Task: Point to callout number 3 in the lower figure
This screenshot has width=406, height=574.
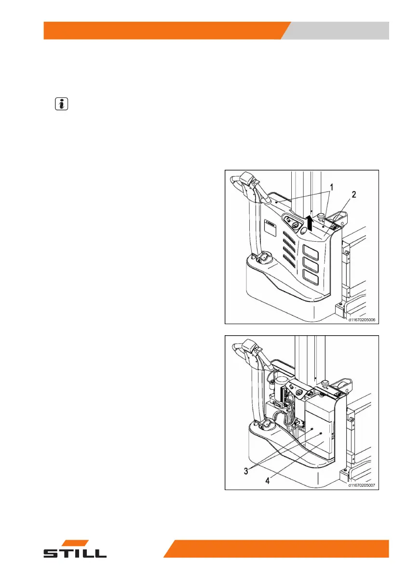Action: [x=246, y=471]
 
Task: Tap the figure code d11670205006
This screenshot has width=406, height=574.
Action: [x=361, y=319]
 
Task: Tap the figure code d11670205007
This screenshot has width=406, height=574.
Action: [x=361, y=485]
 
